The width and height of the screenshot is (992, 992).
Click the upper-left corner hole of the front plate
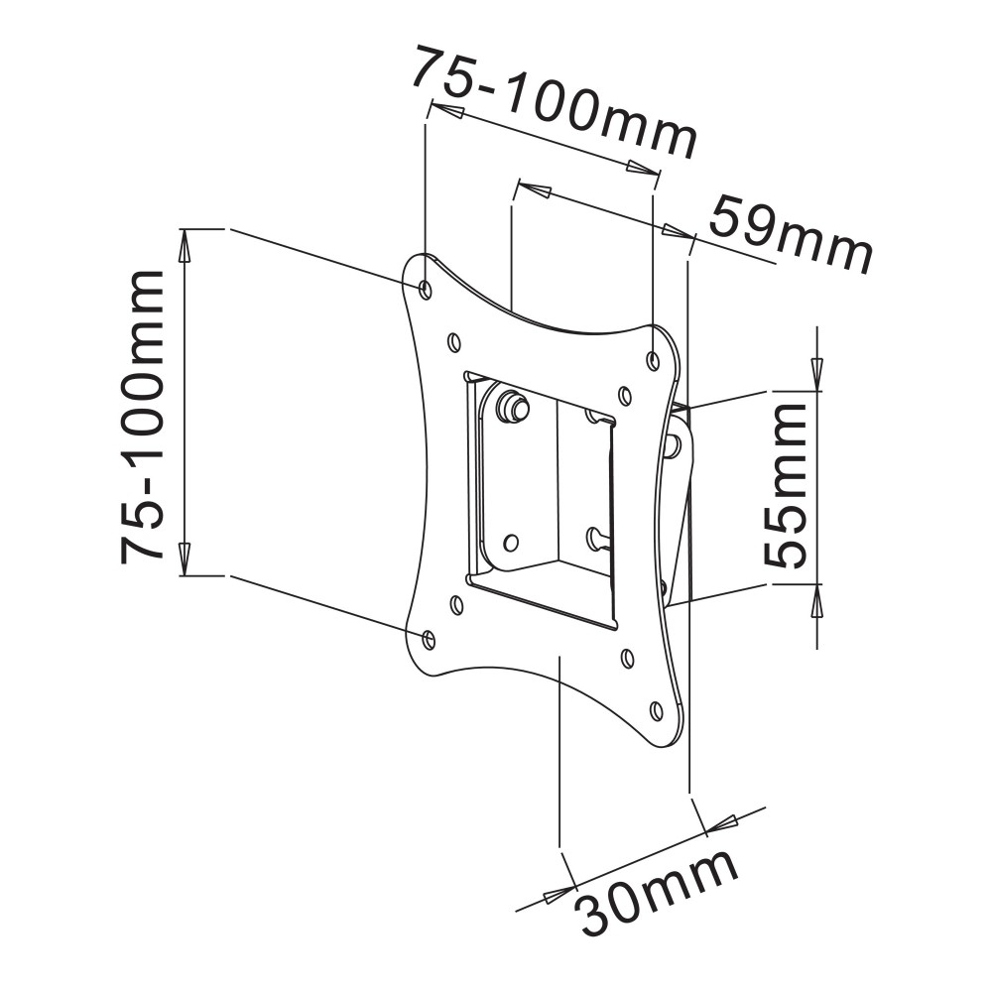coord(426,289)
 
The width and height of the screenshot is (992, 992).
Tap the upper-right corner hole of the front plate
coord(653,360)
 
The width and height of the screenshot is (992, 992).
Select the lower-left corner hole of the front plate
coord(429,639)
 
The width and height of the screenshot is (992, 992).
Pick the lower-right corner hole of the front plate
coord(656,710)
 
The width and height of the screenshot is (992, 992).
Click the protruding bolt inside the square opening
coord(514,405)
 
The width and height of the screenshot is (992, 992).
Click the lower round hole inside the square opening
coord(511,543)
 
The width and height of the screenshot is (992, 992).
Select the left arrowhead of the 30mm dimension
coord(556,893)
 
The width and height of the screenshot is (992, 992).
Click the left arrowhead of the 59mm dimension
coord(537,190)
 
